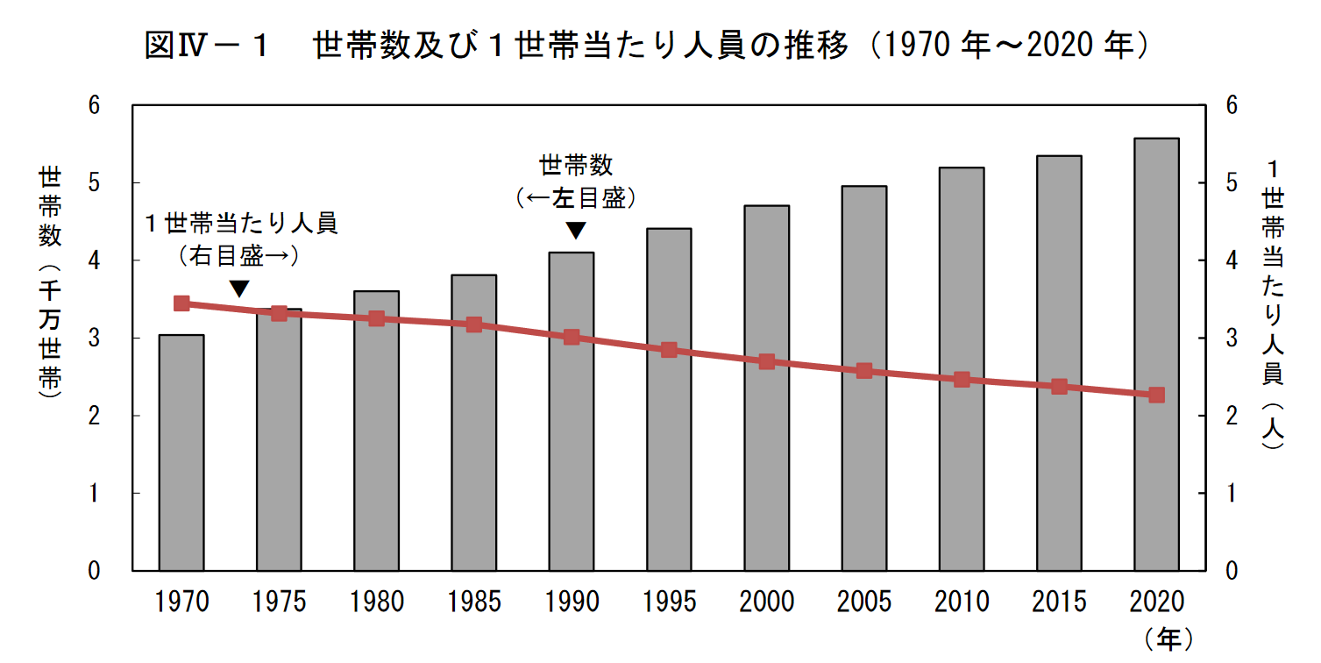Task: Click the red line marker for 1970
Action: point(181,303)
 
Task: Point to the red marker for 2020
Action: point(1156,395)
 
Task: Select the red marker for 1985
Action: point(474,324)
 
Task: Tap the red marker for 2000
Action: point(766,361)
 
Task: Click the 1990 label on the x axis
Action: point(572,602)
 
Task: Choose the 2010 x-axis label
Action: point(961,602)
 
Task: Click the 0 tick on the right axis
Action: point(1231,571)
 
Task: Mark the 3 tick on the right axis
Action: point(1231,339)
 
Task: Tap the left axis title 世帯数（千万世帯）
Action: point(50,285)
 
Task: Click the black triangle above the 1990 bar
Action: point(575,231)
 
